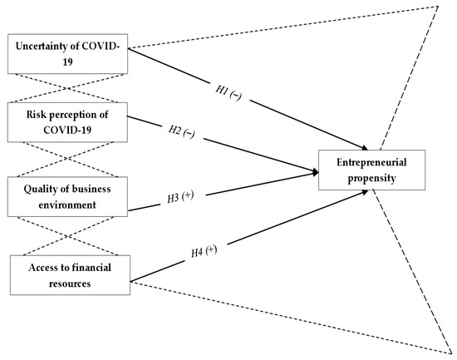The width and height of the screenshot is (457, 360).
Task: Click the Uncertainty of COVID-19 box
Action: click(66, 56)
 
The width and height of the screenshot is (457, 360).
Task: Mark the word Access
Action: click(38, 268)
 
